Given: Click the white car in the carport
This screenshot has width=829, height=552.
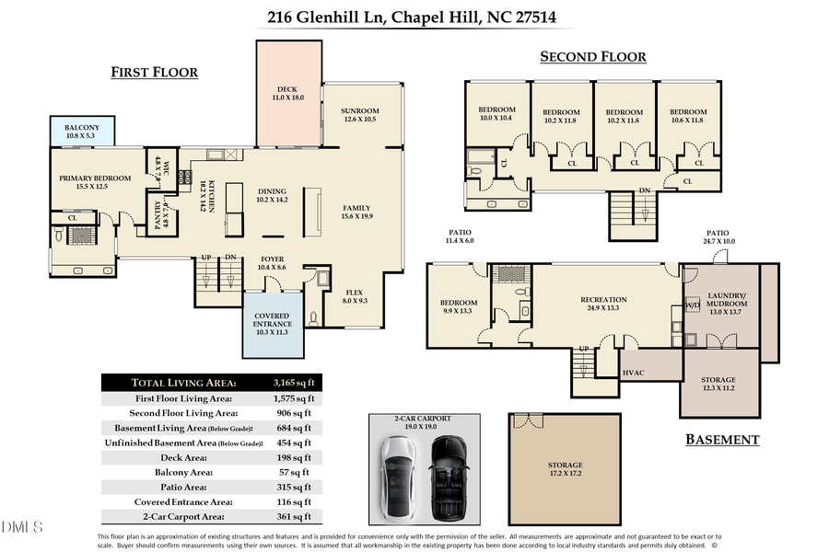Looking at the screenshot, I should (x=400, y=479).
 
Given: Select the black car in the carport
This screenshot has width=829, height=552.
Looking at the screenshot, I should (x=449, y=479).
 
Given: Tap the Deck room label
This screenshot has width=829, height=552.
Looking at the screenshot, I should (x=287, y=93).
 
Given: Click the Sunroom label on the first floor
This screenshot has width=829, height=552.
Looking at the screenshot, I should (x=360, y=115).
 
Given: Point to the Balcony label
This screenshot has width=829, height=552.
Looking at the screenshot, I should (x=83, y=132).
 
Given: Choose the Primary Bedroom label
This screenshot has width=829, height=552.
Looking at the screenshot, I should (x=95, y=182).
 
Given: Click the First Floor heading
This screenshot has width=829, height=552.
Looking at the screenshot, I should (x=154, y=72).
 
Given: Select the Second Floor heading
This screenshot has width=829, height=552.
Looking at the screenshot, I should (x=592, y=57).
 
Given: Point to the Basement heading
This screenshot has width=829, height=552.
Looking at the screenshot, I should (x=722, y=440).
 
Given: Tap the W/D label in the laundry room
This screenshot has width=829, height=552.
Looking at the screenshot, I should (x=692, y=305).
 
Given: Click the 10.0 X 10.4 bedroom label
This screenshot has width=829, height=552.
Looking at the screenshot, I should (x=497, y=114).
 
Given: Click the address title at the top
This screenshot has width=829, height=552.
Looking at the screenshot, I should (x=411, y=16).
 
